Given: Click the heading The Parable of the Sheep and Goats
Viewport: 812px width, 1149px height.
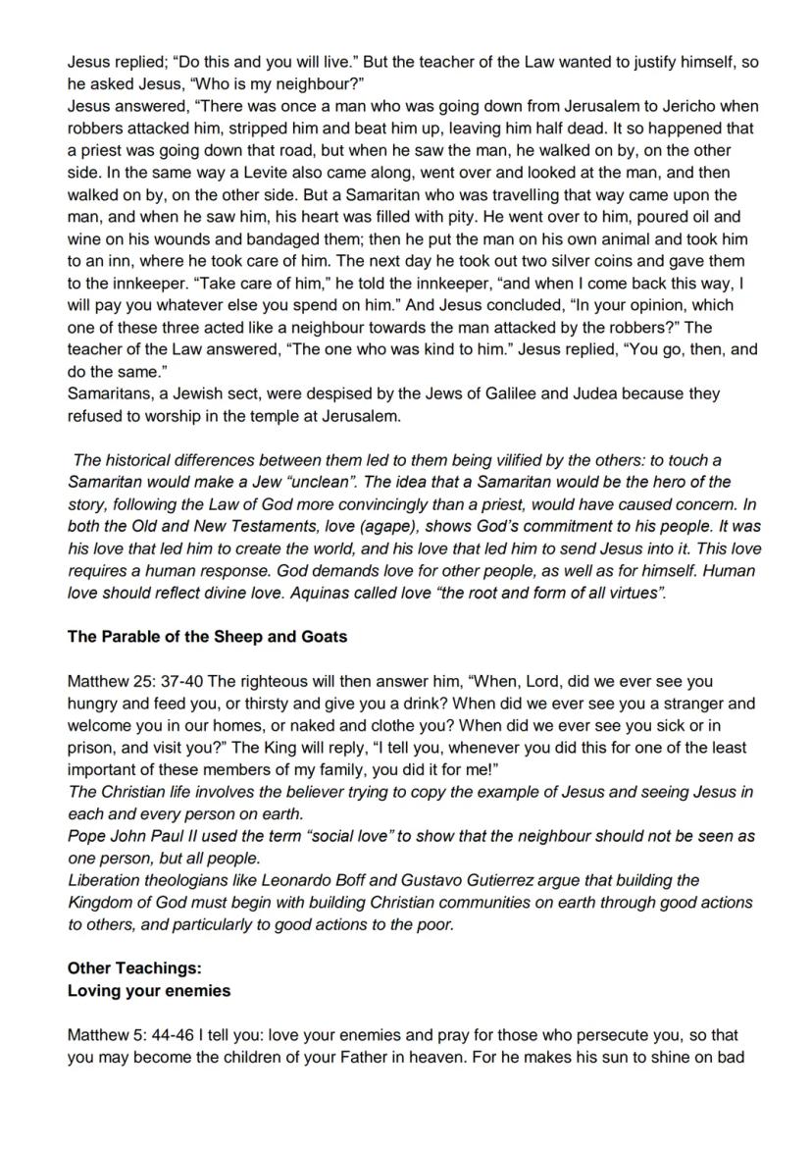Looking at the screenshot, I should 207,637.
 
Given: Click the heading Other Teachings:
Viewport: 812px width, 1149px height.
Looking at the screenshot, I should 134,968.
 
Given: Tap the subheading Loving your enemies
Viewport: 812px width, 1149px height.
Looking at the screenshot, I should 149,991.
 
